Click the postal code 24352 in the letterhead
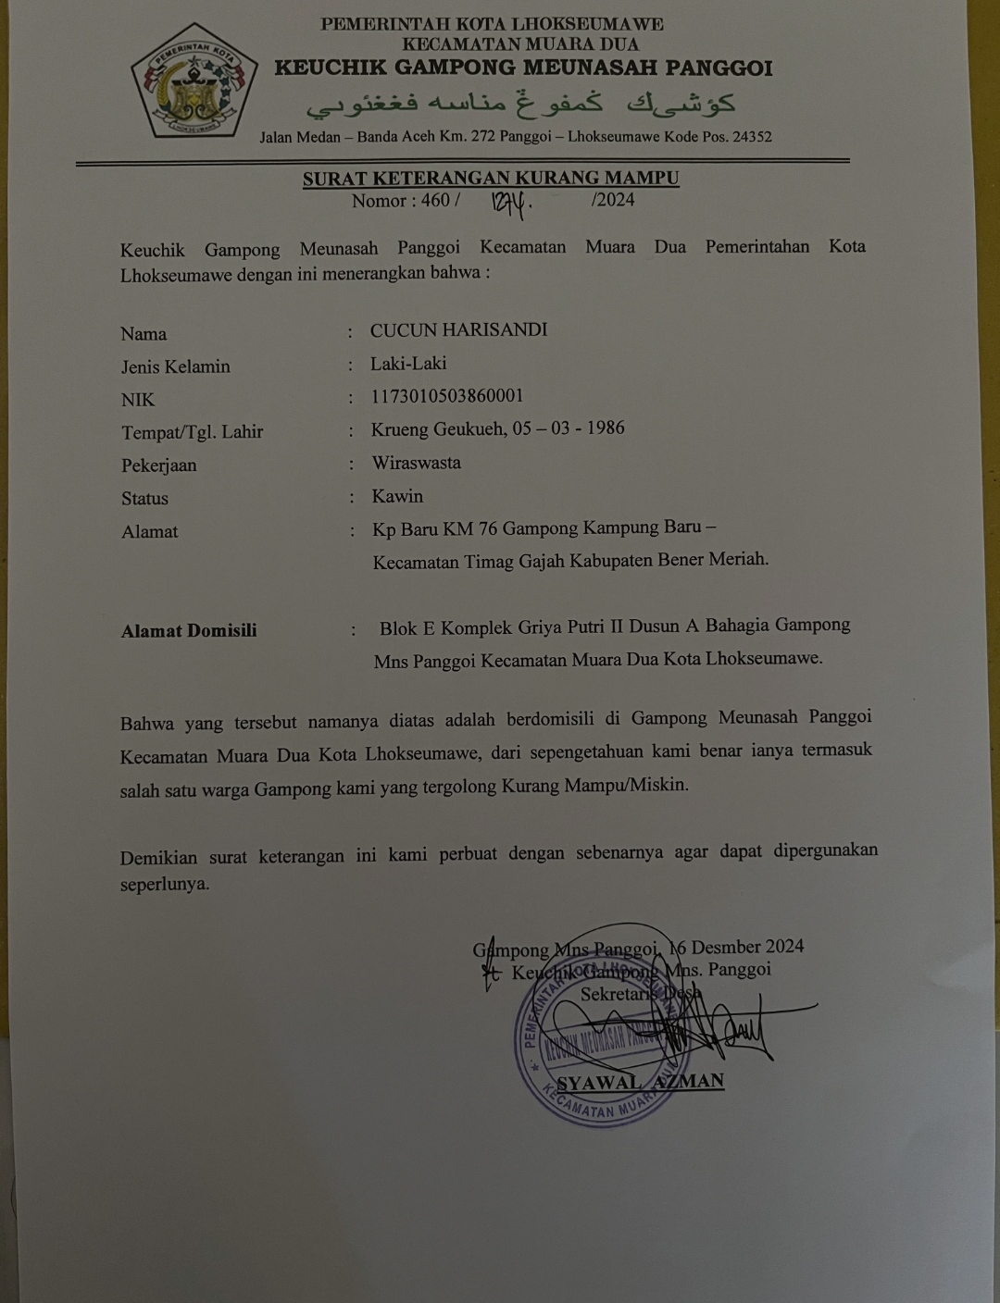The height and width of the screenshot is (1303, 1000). tap(751, 137)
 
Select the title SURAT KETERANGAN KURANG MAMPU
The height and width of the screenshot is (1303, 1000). tap(491, 179)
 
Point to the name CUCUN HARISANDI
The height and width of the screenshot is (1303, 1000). tap(458, 330)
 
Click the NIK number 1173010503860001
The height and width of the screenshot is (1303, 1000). tap(447, 396)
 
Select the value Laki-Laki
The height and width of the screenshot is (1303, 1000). tap(408, 364)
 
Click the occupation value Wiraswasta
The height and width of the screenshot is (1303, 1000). tap(416, 463)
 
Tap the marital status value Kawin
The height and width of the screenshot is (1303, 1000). tap(397, 496)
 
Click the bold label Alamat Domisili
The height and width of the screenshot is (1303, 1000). tap(189, 630)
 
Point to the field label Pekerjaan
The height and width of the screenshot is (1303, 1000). tap(158, 465)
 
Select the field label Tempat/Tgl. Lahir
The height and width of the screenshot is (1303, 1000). tap(192, 431)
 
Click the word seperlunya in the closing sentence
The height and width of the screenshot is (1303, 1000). tap(164, 884)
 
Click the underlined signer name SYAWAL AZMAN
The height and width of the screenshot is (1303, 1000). tap(640, 1082)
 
